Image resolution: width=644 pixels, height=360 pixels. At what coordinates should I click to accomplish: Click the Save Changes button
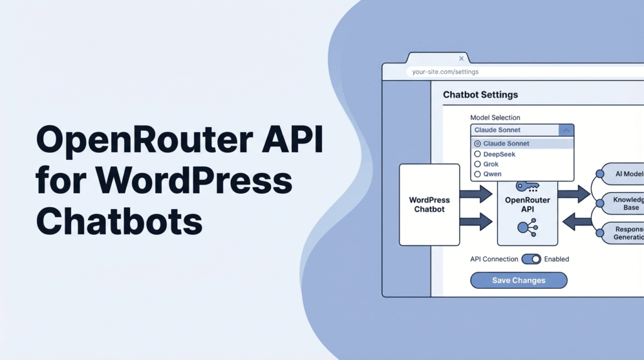518,280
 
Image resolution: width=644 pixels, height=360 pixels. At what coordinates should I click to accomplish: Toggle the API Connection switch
531,259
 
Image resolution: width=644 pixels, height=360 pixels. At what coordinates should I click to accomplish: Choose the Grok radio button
477,164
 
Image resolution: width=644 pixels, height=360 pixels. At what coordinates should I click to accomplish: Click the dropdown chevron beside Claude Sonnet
566,130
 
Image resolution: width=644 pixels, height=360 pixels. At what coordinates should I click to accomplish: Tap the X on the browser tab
461,59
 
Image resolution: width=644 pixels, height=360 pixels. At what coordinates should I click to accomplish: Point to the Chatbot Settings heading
480,95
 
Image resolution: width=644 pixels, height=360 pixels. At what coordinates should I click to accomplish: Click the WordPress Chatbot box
430,205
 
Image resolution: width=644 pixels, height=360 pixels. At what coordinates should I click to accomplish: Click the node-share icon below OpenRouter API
526,228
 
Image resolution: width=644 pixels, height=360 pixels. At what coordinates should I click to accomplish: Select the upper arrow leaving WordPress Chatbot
476,193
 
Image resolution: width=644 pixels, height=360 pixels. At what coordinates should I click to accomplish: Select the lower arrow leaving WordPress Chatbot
476,221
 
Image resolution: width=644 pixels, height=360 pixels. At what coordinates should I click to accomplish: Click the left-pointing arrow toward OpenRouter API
577,221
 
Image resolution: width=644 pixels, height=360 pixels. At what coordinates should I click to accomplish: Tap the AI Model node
623,174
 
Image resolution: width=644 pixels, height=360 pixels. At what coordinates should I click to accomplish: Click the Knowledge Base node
623,203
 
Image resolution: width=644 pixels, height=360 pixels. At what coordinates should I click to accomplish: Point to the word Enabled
556,259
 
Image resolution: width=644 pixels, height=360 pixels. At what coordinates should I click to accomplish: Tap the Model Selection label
495,118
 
